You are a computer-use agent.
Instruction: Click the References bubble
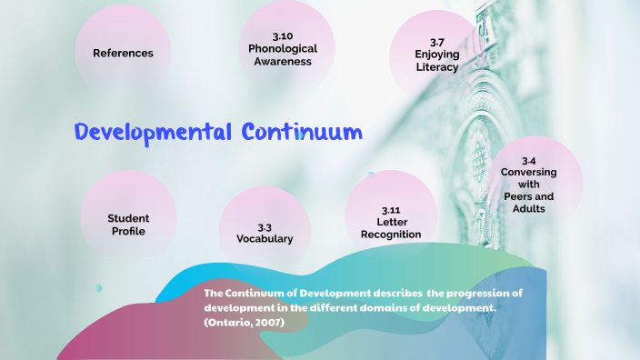click(x=123, y=53)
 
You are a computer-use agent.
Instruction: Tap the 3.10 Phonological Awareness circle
click(x=283, y=47)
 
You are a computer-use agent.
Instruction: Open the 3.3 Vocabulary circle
click(x=265, y=233)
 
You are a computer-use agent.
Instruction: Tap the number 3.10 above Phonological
click(x=284, y=35)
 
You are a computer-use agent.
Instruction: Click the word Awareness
click(x=284, y=62)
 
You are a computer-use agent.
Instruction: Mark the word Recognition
click(x=391, y=235)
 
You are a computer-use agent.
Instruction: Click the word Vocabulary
click(x=265, y=239)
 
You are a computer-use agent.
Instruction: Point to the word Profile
click(x=128, y=231)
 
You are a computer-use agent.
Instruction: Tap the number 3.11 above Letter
click(x=392, y=209)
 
